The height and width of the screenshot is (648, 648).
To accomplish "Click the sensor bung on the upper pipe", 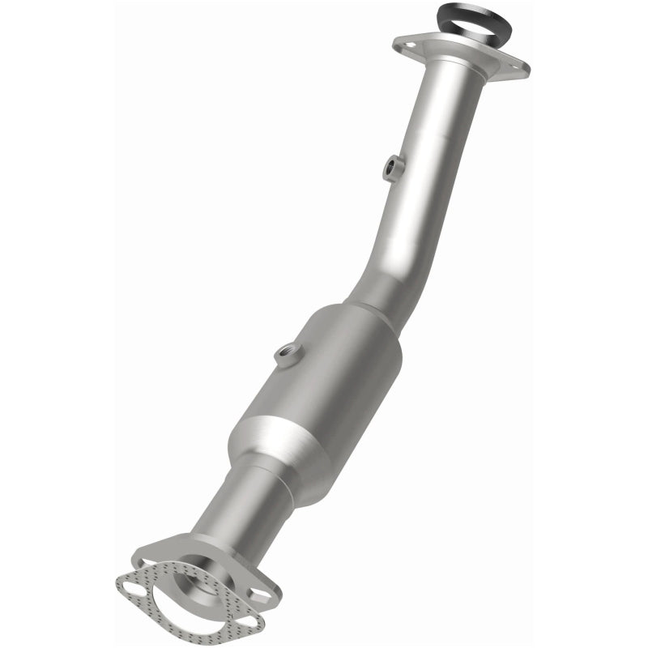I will (x=392, y=166).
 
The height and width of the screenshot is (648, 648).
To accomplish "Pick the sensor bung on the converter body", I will (x=285, y=352).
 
